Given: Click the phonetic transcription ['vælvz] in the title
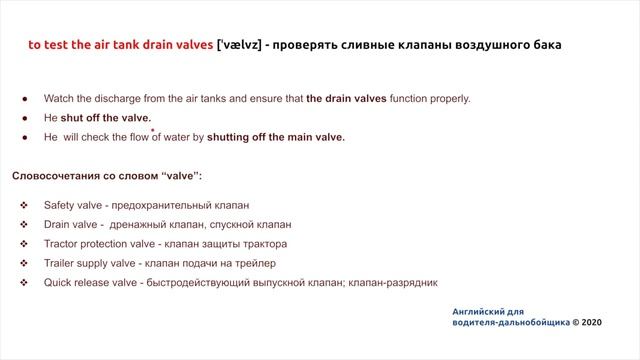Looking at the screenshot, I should (243, 45).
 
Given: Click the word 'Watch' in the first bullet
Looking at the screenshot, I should (60, 99).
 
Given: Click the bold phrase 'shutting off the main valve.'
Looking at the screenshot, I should (276, 137).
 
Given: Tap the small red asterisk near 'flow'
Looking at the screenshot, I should (153, 130).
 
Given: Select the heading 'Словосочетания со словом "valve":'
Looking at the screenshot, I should (107, 175).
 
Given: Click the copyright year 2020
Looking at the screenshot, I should (591, 323).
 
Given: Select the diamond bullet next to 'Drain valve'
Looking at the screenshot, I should (23, 224).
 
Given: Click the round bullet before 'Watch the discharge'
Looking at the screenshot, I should (23, 99).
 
